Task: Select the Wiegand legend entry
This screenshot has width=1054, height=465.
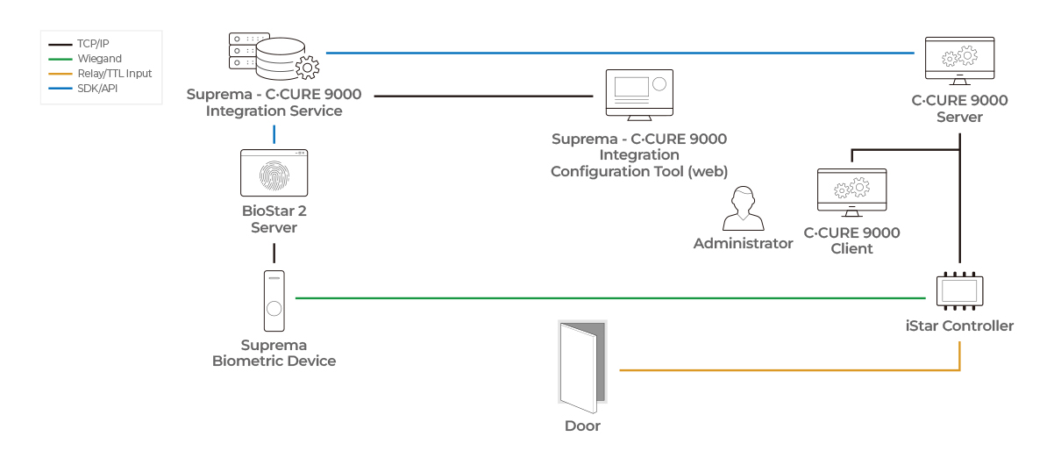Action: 91,59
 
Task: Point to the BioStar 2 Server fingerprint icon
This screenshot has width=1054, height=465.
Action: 274,173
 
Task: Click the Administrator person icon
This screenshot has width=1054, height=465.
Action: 743,210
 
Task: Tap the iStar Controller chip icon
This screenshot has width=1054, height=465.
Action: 959,290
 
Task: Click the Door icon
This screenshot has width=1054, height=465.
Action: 582,367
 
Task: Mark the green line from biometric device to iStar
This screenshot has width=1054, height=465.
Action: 614,298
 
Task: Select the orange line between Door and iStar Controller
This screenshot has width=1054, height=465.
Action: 789,370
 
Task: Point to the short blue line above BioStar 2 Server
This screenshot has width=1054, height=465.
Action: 274,134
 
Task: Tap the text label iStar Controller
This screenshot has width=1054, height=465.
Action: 959,326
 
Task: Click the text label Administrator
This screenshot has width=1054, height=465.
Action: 743,244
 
